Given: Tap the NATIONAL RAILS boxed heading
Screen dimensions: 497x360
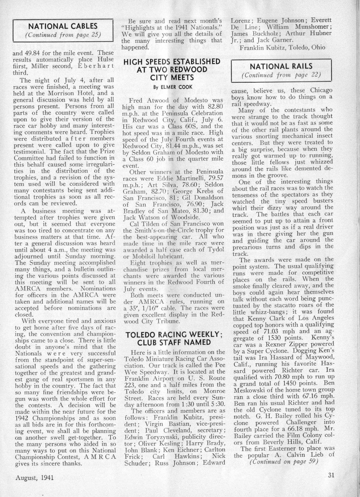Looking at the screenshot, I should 281,67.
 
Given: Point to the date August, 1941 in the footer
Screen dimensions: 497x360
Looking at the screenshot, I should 34,477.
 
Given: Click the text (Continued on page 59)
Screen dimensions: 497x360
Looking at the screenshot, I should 283,462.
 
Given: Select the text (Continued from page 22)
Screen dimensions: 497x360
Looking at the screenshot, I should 281,75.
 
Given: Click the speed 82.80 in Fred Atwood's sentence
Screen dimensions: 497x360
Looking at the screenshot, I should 215,107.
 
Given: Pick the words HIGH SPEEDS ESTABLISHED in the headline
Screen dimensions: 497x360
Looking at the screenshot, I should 172,62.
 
